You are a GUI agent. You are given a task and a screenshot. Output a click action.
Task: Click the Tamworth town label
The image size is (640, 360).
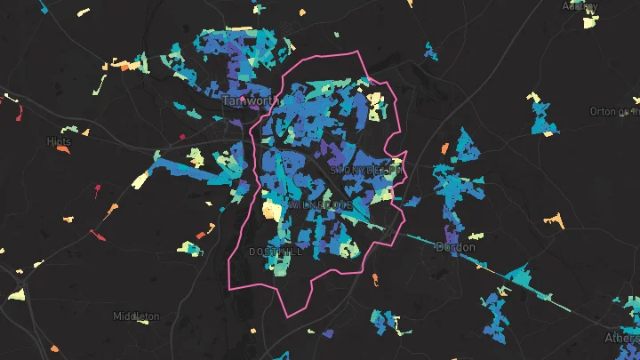250,101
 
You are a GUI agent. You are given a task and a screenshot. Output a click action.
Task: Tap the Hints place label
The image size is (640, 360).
59,141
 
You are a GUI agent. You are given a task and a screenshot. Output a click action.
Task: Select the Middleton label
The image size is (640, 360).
136,316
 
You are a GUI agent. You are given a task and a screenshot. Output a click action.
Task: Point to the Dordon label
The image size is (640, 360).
455,247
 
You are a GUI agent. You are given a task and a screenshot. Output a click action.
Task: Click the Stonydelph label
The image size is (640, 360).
367,169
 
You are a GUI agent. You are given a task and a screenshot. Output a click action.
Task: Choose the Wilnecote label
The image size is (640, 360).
321,205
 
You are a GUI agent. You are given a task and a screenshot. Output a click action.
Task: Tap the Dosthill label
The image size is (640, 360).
276,252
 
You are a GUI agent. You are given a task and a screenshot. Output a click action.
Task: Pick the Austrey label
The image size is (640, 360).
580,6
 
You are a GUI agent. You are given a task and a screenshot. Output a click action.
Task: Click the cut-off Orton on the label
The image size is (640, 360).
614,111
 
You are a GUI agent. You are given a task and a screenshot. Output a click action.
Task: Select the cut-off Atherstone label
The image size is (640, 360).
621,338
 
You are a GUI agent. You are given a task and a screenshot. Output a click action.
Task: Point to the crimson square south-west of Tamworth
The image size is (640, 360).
182,137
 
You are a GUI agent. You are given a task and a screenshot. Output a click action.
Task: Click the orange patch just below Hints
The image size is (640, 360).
63,148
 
